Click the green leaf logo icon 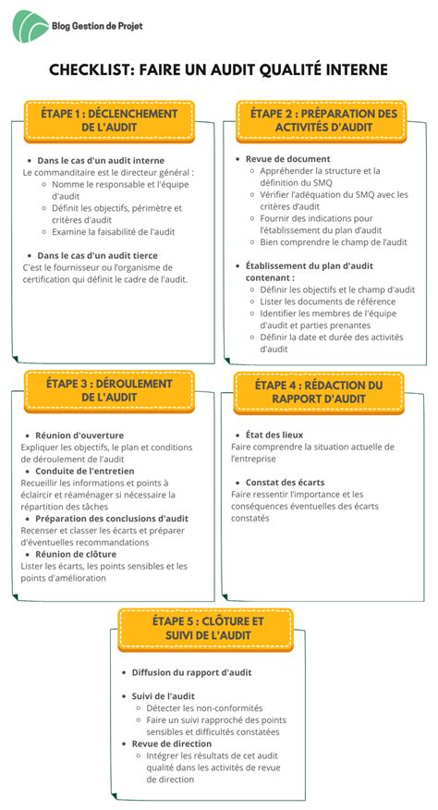coord(30,26)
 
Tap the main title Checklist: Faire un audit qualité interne coord(218,69)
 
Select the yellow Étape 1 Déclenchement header coord(110,119)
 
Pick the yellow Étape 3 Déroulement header coord(110,389)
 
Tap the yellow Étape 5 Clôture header coord(205,628)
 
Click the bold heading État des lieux coord(274,434)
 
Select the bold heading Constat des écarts coord(285,482)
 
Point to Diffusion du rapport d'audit coord(191,672)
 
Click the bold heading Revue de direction coord(172,743)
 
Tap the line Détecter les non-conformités coord(204,707)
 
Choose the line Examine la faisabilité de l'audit coord(114,231)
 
